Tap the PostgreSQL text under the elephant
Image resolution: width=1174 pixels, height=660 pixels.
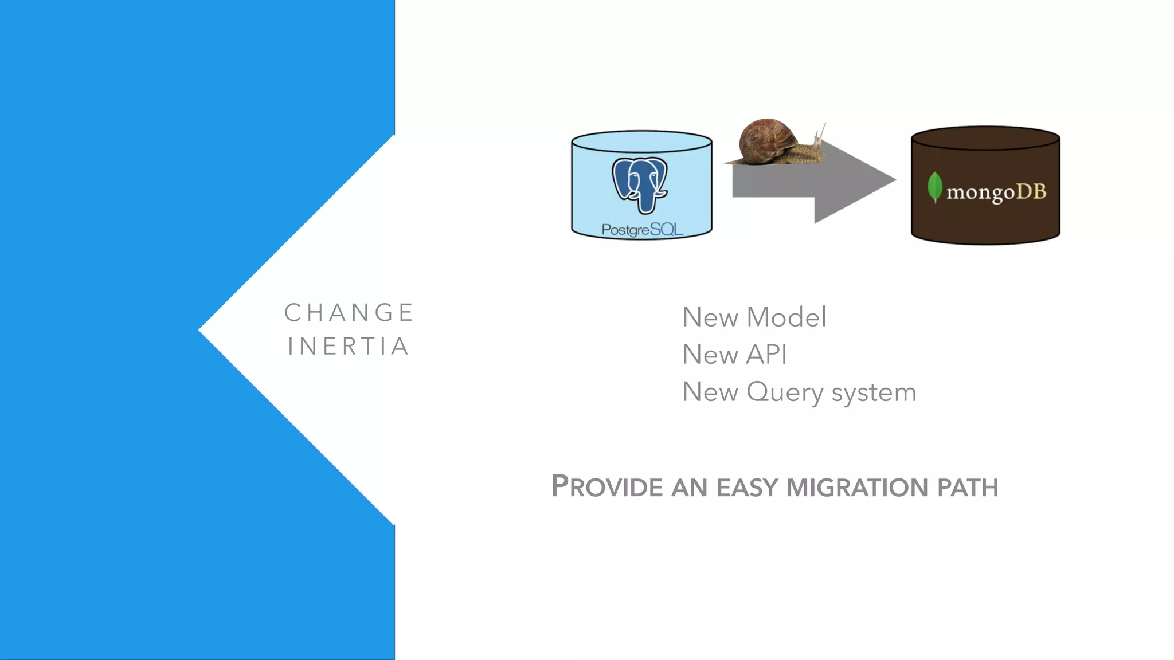pos(642,230)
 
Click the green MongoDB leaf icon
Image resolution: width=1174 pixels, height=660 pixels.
pos(935,187)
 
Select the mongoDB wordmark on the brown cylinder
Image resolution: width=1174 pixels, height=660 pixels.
pos(996,192)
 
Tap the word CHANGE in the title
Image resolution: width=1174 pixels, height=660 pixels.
pos(349,313)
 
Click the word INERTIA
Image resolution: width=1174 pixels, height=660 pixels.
pos(349,347)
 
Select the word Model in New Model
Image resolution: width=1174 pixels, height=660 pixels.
pos(786,317)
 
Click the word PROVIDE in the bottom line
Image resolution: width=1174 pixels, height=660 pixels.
pos(607,487)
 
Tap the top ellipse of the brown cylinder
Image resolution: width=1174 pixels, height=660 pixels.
pos(985,138)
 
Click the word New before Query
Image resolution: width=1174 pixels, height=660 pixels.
pos(710,393)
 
